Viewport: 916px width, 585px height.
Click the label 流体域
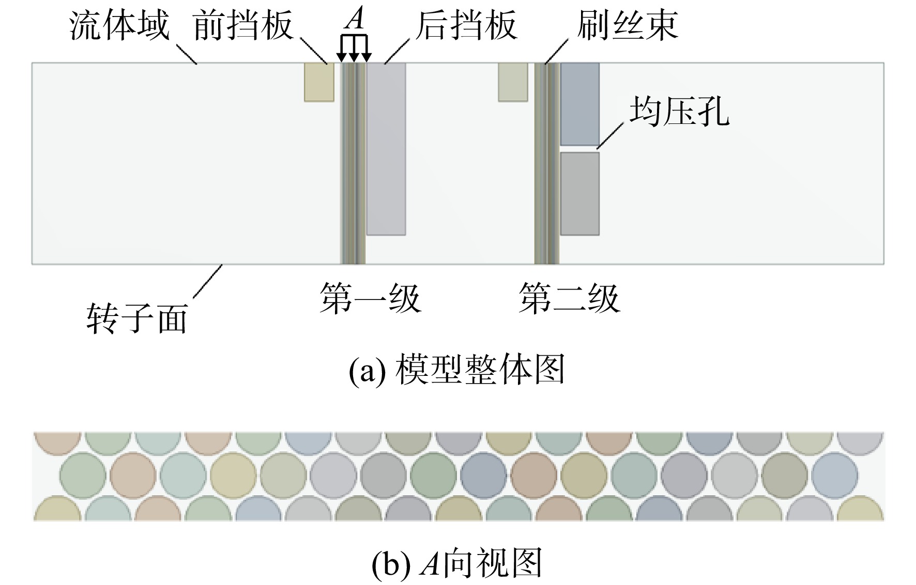coord(119,26)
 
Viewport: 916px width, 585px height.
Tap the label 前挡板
coord(243,26)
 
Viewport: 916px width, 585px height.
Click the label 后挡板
coord(466,26)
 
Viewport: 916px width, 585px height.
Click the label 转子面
coord(137,318)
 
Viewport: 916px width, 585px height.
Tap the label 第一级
coord(370,298)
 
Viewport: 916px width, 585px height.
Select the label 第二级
coord(569,298)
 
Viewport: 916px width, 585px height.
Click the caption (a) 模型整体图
coord(457,370)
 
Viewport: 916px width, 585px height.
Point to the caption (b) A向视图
coord(457,563)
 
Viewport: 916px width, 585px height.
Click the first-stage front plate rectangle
coord(319,82)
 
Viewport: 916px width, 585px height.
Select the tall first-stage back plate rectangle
coord(386,149)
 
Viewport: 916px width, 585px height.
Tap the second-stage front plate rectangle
coord(513,82)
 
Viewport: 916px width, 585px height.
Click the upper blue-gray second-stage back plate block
coord(580,104)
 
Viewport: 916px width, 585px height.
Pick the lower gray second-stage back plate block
coord(580,194)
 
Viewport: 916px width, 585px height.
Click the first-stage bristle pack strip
coord(354,163)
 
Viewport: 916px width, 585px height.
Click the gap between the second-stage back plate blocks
coord(580,149)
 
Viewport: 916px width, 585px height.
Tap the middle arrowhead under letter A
coord(353,57)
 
